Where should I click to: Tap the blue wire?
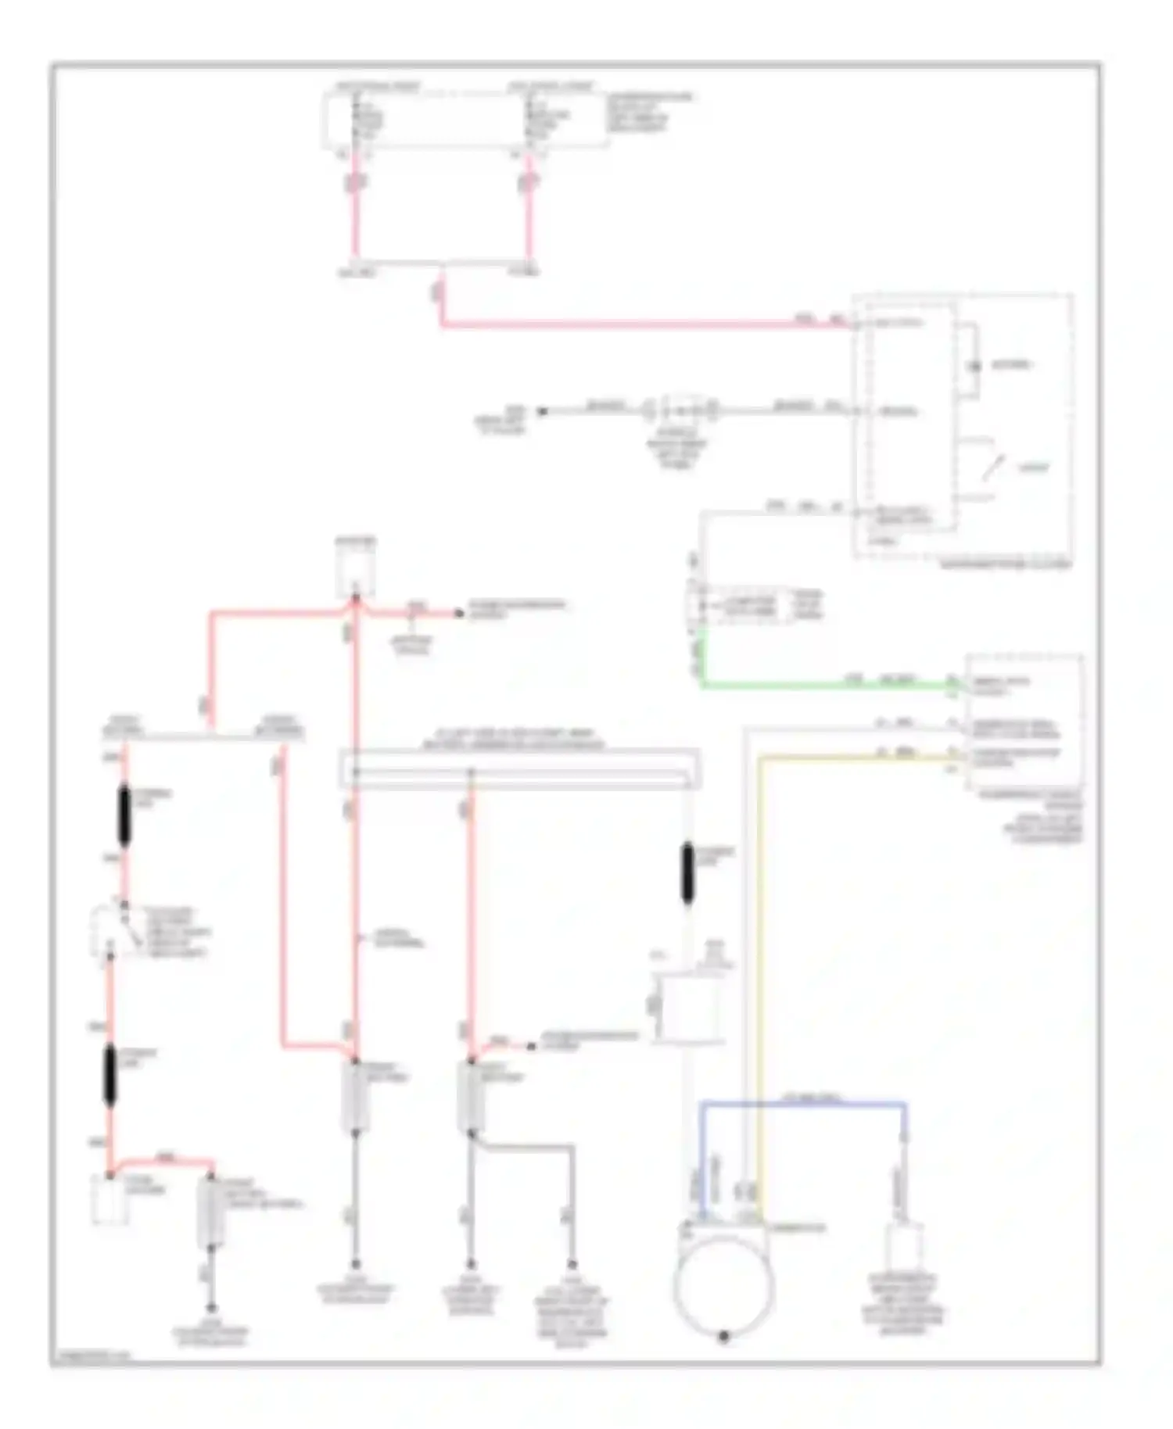[x=805, y=1103]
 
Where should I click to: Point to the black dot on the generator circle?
[x=723, y=1336]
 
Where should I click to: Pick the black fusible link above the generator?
[x=688, y=873]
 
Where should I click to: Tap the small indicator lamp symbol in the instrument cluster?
[x=975, y=366]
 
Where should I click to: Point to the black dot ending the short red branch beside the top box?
[x=460, y=614]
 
